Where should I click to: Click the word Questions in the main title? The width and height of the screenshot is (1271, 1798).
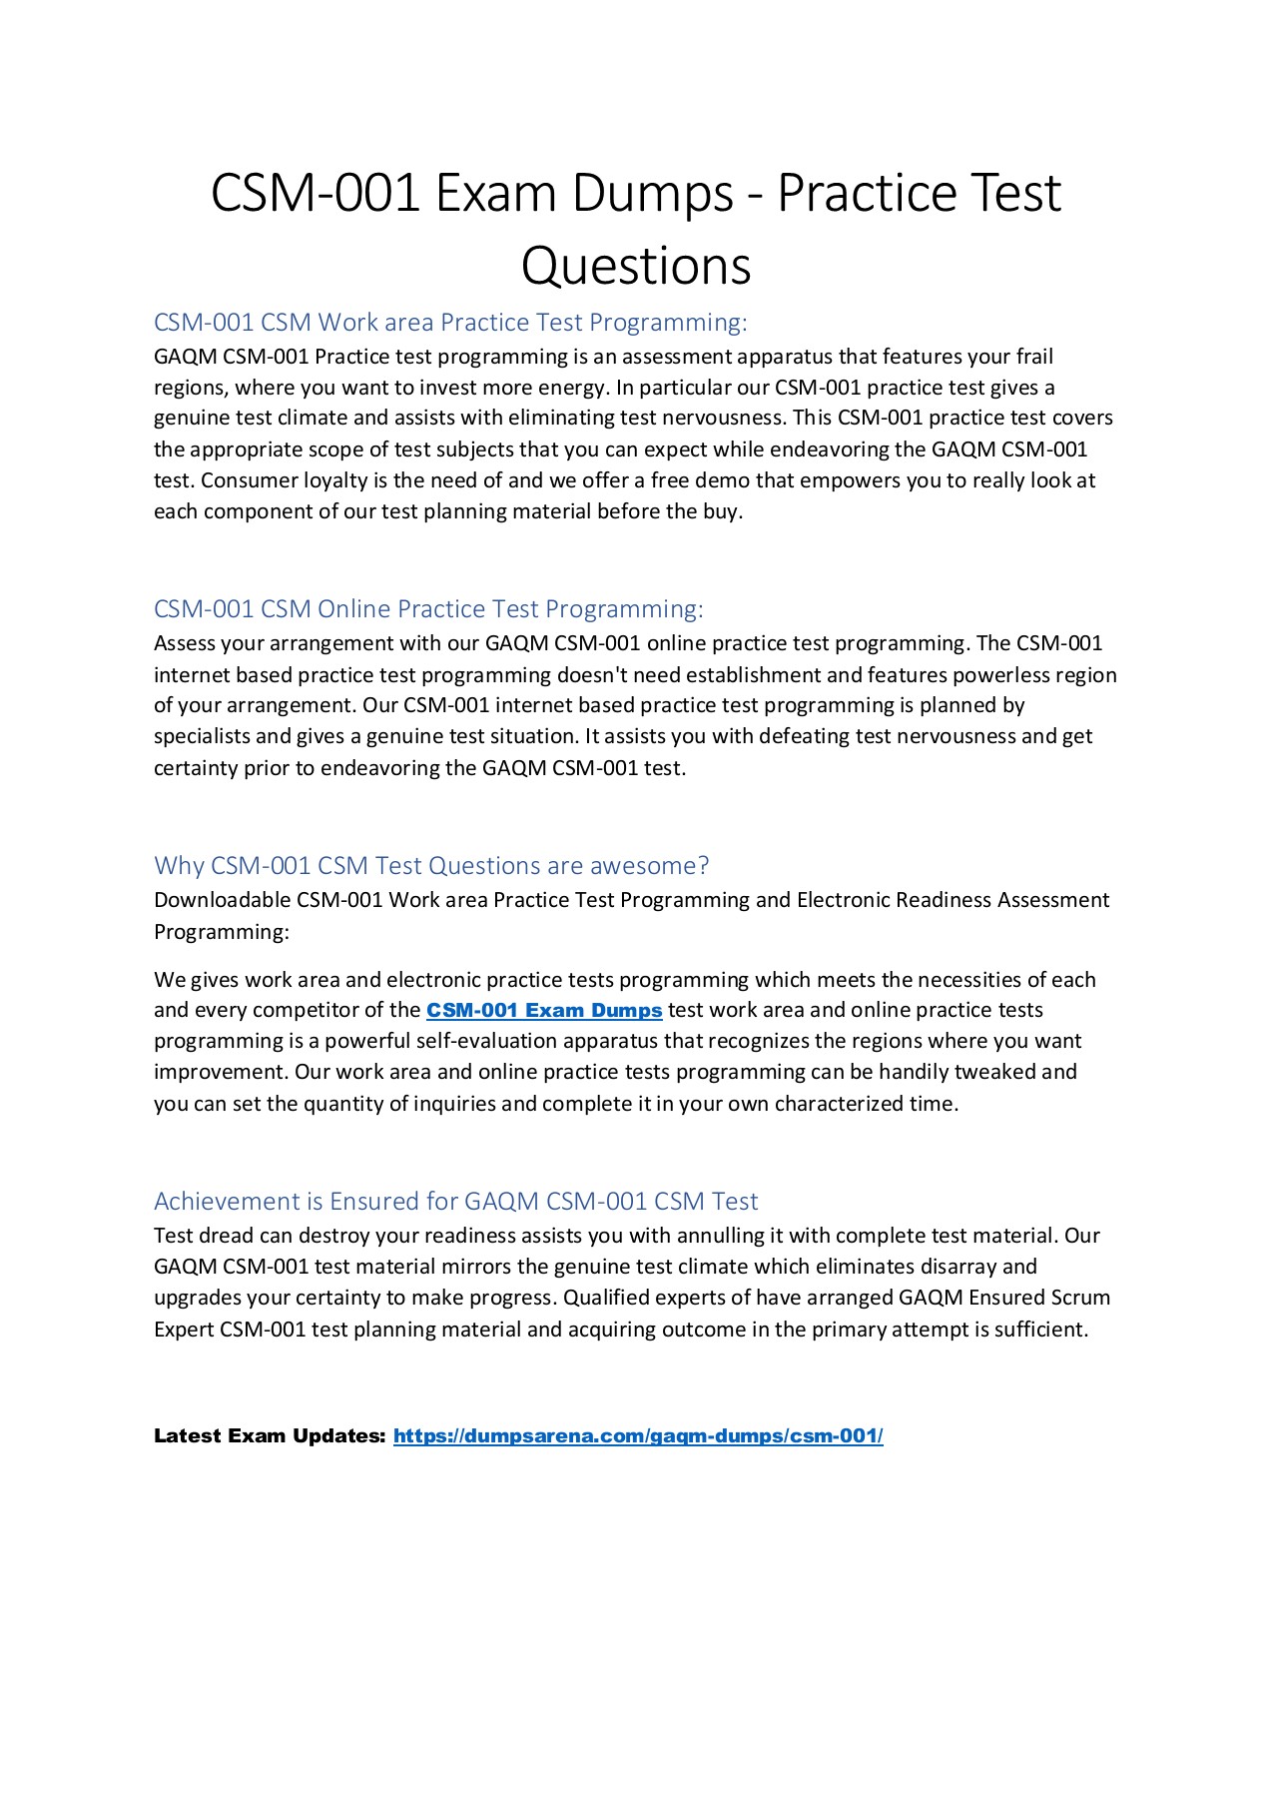[x=636, y=267]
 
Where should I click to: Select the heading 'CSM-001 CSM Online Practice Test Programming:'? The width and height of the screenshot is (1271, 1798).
[x=428, y=609]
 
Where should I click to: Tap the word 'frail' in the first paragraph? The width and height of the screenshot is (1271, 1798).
[x=1034, y=357]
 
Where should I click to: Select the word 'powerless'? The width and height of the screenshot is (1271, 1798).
[x=998, y=675]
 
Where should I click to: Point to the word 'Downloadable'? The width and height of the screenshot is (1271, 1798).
[x=222, y=900]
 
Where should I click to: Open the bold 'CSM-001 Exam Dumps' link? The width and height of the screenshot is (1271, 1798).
[x=544, y=1011]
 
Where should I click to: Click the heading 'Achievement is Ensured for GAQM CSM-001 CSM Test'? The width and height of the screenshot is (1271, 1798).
[x=455, y=1202]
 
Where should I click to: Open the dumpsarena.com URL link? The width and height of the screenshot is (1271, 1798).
[x=638, y=1436]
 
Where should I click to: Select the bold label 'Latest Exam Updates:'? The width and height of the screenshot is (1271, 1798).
[x=270, y=1436]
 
